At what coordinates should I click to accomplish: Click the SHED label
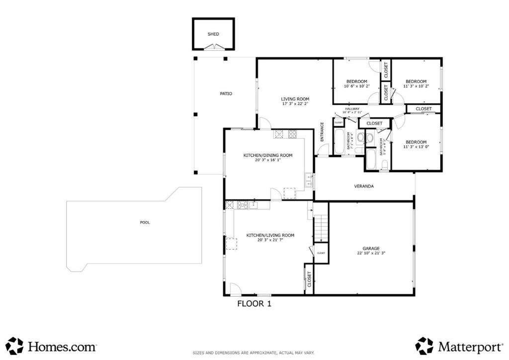pos(213,34)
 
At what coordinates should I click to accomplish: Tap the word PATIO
pos(226,93)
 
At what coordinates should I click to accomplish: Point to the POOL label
pos(145,222)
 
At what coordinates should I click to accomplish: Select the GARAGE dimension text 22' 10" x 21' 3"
pos(371,253)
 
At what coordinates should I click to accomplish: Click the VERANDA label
pos(363,186)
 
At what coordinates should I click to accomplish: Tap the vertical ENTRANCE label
pos(322,132)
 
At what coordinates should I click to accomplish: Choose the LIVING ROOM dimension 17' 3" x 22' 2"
pos(295,104)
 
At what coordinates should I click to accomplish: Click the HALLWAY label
pos(352,109)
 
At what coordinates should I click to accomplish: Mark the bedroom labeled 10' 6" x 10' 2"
pos(356,84)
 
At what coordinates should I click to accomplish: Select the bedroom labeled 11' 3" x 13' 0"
pos(416,144)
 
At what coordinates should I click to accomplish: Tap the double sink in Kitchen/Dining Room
pos(309,180)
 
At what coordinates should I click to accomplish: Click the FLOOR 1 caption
pos(254,303)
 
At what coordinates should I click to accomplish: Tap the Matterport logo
pos(459,346)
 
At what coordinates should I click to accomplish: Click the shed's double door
pos(213,47)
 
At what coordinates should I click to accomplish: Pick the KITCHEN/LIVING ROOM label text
pos(270,235)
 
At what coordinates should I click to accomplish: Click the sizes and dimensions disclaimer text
pos(254,353)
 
